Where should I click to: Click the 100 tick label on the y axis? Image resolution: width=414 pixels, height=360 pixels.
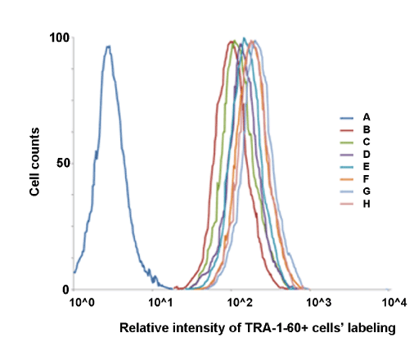coord(59,38)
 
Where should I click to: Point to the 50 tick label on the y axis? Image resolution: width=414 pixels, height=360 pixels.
coord(63,164)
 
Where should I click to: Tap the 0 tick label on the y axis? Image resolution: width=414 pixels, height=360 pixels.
coord(65,290)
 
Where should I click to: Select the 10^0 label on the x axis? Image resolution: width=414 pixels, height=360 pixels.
coord(83,303)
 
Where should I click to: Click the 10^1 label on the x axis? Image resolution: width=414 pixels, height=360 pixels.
coord(161,303)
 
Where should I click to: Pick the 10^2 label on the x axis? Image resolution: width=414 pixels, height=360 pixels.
coord(240,303)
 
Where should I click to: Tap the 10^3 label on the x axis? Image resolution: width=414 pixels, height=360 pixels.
coord(319,303)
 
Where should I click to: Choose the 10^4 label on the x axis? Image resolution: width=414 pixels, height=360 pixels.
coord(394,303)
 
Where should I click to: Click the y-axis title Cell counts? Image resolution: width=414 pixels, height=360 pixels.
coord(34,161)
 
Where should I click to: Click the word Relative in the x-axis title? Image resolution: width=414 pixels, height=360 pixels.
coord(144,327)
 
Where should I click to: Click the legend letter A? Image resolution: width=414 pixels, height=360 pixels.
coord(367,117)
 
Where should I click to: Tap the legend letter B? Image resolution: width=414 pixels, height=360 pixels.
coord(367,129)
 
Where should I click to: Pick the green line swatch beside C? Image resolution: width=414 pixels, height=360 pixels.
coord(347,142)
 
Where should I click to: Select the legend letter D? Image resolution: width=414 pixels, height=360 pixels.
coord(367,155)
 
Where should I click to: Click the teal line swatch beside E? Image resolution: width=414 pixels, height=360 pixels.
coord(347,167)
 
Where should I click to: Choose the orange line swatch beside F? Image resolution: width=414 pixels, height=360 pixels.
coord(347,179)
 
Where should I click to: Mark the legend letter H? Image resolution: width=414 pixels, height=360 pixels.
coord(367,204)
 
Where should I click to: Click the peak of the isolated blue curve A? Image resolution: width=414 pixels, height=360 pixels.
coord(109,47)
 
